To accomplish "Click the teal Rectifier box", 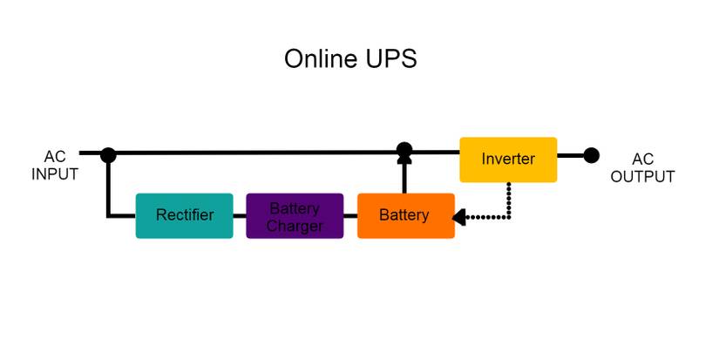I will coord(184,215).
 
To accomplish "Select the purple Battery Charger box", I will coord(295,215).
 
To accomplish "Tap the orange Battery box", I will coord(405,215).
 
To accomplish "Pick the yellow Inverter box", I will coord(508,160).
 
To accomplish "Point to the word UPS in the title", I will coord(394,59).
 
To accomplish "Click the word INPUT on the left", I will coord(55,173).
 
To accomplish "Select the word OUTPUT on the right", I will coord(642,177).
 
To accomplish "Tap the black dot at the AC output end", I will coord(591,156).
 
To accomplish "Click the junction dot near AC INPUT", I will coord(108,155).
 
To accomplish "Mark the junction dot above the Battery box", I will coord(404,150).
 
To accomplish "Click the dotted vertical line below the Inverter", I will coord(509,200).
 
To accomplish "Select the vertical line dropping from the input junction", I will coord(108,187).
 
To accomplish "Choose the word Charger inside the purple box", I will coord(295,226).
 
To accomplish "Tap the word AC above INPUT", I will coord(55,158).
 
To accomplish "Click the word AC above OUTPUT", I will coord(642,160).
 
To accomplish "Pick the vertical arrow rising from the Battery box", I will coord(404,174).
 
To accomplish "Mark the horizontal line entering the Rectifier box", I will coord(122,215).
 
